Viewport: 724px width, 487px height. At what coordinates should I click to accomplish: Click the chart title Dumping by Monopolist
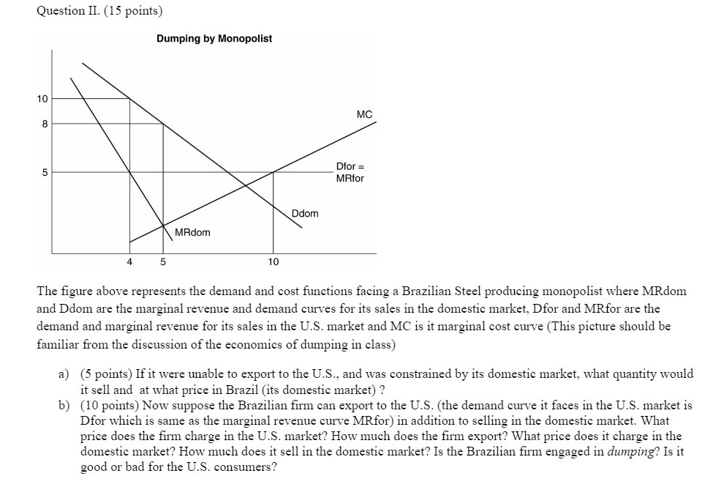pyautogui.click(x=214, y=38)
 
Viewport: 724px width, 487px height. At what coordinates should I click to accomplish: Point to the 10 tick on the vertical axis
pyautogui.click(x=42, y=99)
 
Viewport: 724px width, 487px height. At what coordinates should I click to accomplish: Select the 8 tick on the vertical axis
pyautogui.click(x=45, y=124)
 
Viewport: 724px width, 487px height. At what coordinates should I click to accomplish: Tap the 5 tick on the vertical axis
pyautogui.click(x=45, y=173)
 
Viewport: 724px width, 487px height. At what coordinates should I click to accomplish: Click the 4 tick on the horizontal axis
pyautogui.click(x=129, y=261)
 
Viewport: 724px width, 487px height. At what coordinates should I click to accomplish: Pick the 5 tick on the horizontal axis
pyautogui.click(x=163, y=261)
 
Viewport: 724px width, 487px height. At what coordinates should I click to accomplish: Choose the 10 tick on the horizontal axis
pyautogui.click(x=273, y=261)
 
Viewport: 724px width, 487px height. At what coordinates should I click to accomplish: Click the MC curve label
pyautogui.click(x=364, y=114)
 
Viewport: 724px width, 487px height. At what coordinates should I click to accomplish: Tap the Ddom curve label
pyautogui.click(x=305, y=213)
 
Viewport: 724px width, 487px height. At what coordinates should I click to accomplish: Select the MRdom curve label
pyautogui.click(x=192, y=232)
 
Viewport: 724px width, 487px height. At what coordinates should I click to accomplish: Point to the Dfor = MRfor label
pyautogui.click(x=350, y=173)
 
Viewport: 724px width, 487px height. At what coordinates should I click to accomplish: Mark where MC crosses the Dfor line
pyautogui.click(x=273, y=172)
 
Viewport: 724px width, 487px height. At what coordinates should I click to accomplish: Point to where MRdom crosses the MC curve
pyautogui.click(x=163, y=226)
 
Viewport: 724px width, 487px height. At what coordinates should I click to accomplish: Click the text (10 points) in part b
pyautogui.click(x=110, y=405)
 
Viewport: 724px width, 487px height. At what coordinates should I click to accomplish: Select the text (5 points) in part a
pyautogui.click(x=108, y=374)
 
